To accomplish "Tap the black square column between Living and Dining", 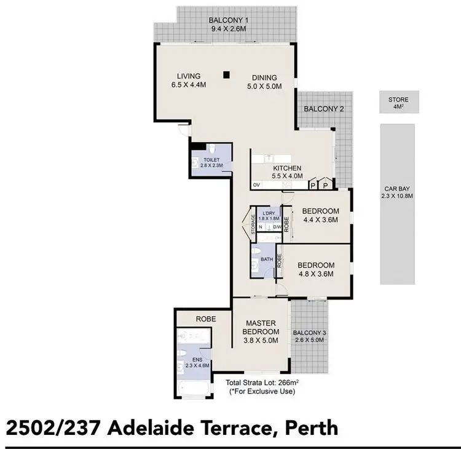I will pos(227,75).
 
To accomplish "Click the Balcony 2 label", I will pos(324,109).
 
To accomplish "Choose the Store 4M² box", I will pos(398,102).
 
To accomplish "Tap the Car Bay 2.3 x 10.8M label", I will pos(398,193).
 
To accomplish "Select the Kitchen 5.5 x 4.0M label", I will pos(288,172).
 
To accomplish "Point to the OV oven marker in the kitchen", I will pos(256,185).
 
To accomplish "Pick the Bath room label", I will pos(266,259).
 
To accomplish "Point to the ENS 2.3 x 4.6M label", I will pos(198,362).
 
